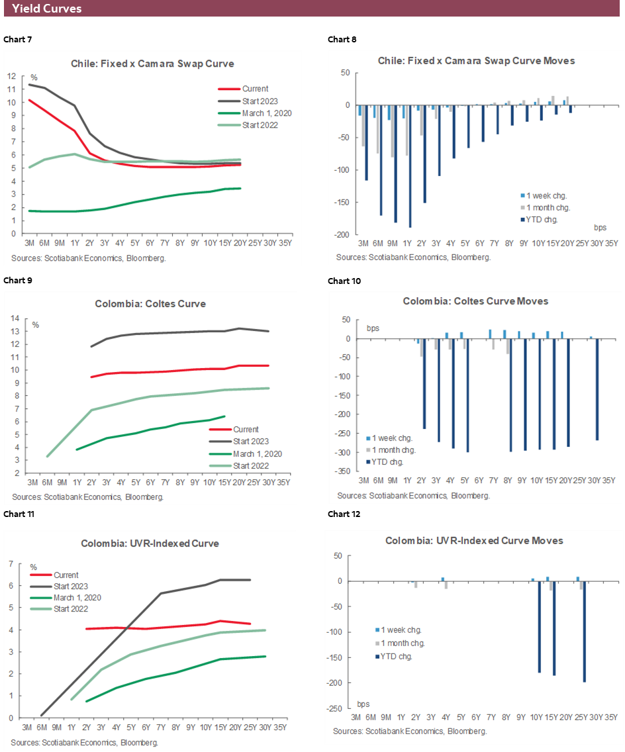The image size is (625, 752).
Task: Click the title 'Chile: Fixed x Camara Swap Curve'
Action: [152, 64]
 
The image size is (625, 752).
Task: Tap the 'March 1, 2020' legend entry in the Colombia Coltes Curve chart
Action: [258, 453]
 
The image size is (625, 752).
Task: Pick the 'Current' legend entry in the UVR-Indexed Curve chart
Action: [66, 575]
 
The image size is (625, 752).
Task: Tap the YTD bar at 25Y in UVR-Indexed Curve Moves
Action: [585, 632]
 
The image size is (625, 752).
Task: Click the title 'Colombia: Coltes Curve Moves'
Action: [475, 301]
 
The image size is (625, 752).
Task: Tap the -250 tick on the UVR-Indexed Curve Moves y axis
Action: [336, 708]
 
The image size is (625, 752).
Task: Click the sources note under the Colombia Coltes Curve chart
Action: [88, 496]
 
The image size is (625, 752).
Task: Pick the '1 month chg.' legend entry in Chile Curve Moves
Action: [543, 208]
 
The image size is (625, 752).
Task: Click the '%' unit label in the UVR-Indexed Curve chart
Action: [33, 567]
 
